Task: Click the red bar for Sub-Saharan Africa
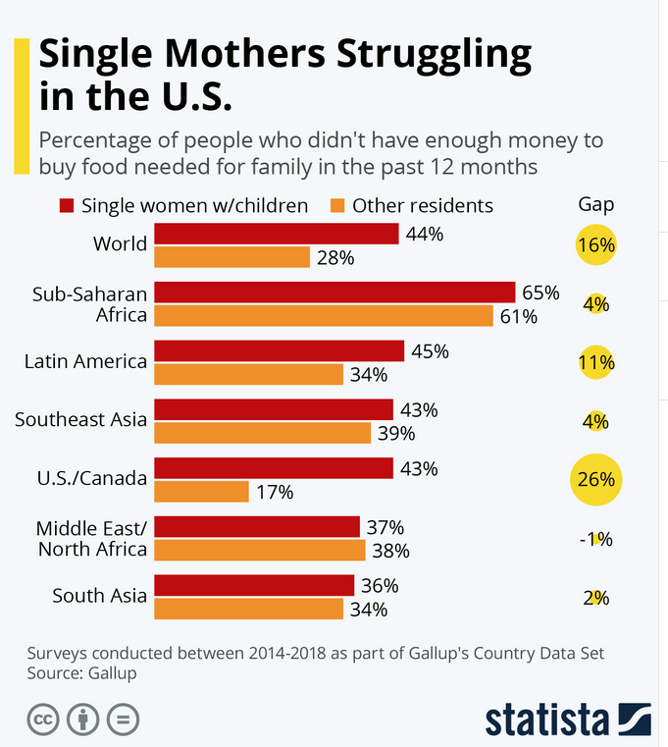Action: coord(334,293)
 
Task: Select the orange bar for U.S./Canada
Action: coord(201,491)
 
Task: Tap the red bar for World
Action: coord(277,234)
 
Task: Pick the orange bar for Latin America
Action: coord(248,374)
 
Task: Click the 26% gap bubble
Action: coord(596,479)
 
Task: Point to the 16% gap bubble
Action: coord(596,244)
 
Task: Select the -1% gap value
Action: coord(596,539)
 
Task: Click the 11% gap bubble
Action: coord(596,362)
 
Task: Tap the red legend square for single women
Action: coord(67,206)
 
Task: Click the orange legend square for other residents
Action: coord(337,206)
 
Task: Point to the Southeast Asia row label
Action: coord(81,420)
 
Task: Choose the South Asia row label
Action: coord(99,596)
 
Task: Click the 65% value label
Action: coord(540,293)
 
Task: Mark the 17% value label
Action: coord(276,492)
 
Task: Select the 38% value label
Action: coord(391,551)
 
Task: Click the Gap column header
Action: coord(596,204)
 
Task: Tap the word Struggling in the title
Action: coord(435,54)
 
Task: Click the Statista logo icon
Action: coord(635,719)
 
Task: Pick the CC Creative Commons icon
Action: coord(43,720)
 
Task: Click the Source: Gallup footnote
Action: coord(81,673)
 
